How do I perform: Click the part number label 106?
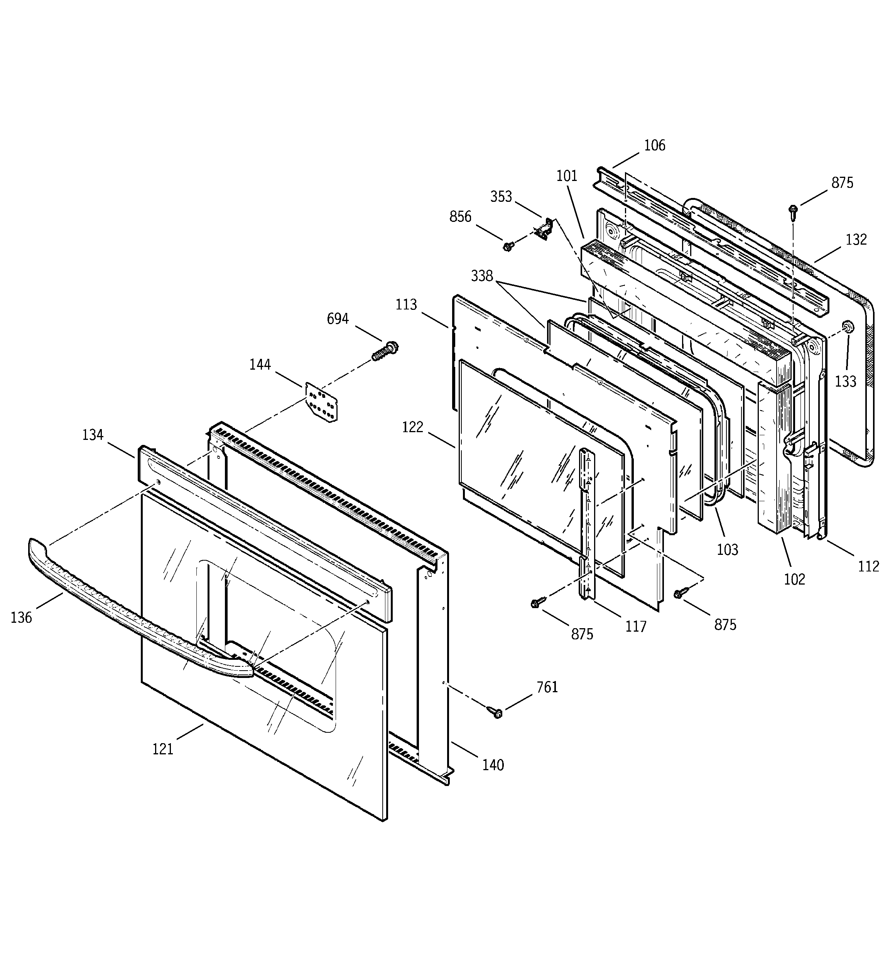654,145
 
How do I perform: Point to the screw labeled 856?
507,246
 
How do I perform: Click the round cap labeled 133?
848,328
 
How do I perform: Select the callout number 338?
482,276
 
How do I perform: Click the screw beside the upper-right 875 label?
793,210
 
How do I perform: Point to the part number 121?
163,749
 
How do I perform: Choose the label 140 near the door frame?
493,764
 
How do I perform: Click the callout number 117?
636,626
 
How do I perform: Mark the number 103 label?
727,549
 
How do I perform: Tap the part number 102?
794,579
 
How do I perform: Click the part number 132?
856,239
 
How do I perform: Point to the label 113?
407,304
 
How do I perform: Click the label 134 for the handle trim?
93,435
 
